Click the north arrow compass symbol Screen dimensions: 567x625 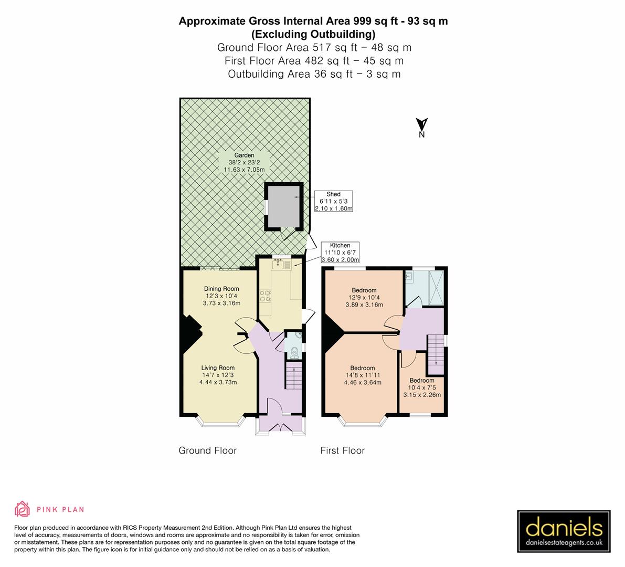point(421,127)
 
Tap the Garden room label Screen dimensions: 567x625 point(245,162)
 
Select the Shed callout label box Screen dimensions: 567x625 point(333,201)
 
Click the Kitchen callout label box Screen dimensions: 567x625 point(340,253)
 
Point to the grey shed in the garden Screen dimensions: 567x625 point(283,207)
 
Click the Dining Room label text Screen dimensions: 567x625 point(221,296)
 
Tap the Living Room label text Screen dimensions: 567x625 point(218,375)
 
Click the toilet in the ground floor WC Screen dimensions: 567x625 point(295,351)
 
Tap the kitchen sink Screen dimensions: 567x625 point(278,265)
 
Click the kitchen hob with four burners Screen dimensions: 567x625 point(265,297)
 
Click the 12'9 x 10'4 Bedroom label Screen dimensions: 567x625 point(364,297)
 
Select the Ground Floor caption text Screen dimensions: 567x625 point(207,450)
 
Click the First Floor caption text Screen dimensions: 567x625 point(342,450)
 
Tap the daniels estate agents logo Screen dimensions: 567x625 point(564,531)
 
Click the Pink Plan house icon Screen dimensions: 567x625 point(23,509)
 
